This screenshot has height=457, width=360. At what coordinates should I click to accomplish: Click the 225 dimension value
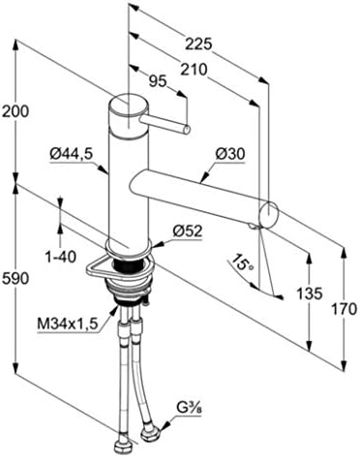point(198,45)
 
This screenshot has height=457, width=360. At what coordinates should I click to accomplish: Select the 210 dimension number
point(194,70)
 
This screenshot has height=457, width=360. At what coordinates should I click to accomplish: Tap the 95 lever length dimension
point(158,80)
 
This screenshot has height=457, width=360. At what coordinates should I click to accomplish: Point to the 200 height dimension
point(15,111)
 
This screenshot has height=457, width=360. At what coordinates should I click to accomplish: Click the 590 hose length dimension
point(15,278)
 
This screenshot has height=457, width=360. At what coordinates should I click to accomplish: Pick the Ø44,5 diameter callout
point(72,154)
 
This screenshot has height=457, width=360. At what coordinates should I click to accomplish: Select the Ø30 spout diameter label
point(230,154)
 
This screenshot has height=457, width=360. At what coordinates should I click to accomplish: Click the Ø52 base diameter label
point(187,231)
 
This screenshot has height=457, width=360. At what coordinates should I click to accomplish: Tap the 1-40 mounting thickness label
point(61,257)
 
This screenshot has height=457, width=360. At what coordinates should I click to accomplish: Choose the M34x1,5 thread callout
point(67,323)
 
